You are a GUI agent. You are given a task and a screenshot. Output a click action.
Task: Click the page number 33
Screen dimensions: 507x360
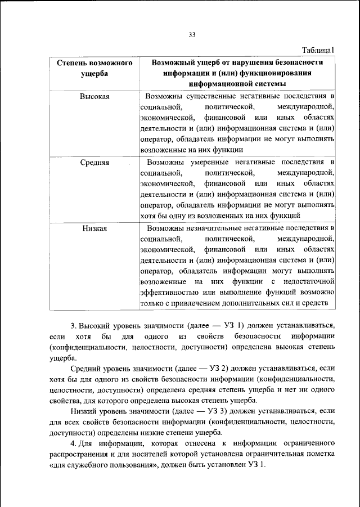click(191, 35)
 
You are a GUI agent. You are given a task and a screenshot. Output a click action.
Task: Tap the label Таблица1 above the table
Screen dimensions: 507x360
click(318, 51)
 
